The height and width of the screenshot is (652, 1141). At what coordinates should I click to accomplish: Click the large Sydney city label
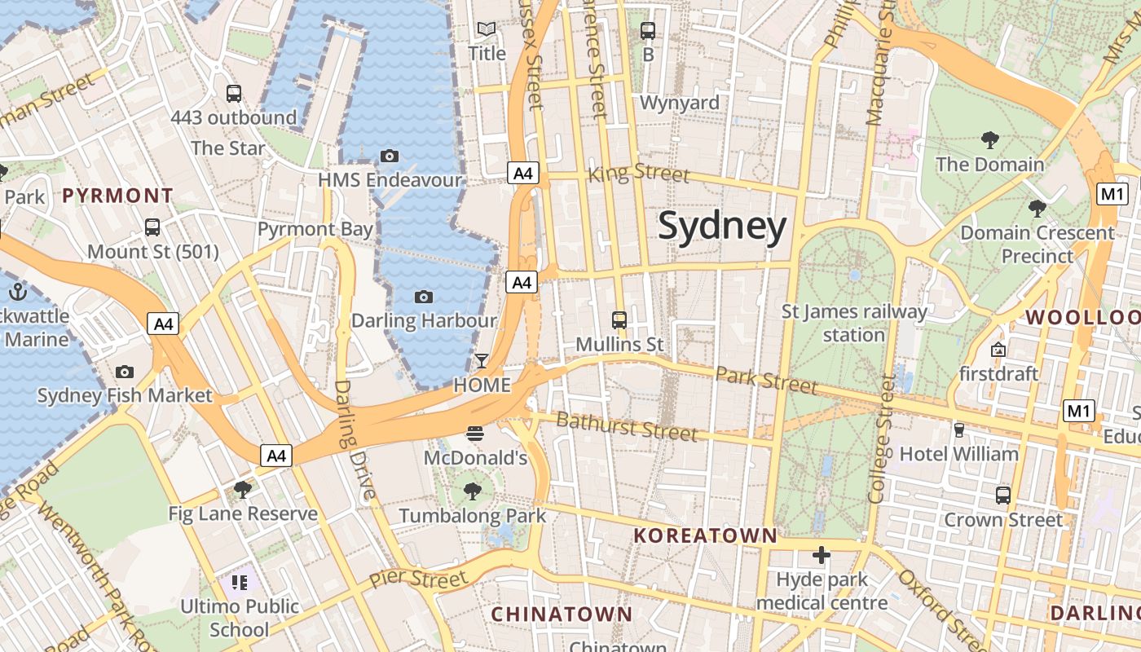[x=722, y=227]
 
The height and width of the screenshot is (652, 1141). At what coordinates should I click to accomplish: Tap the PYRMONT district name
[x=118, y=196]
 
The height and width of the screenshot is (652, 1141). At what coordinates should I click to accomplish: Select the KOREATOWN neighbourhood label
[x=706, y=535]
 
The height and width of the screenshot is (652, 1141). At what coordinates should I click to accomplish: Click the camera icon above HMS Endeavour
[x=390, y=156]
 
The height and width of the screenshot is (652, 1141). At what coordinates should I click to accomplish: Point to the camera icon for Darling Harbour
[x=423, y=297]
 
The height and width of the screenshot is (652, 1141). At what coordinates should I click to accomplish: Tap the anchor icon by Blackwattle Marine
[x=18, y=291]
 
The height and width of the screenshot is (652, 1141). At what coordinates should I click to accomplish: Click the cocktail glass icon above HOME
[x=482, y=360]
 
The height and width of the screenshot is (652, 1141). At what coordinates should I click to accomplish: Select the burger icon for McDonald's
[x=475, y=434]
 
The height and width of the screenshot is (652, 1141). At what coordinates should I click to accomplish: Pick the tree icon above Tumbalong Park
[x=472, y=491]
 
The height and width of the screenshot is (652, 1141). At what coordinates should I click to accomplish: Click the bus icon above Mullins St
[x=619, y=319]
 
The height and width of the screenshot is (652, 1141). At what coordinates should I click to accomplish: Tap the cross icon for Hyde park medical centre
[x=822, y=556]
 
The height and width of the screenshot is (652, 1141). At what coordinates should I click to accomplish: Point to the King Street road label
[x=638, y=173]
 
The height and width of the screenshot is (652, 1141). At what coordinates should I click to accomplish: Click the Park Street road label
[x=766, y=380]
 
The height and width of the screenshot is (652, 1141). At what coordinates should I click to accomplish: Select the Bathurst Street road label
[x=626, y=426]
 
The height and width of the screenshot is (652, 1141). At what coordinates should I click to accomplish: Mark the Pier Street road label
[x=418, y=579]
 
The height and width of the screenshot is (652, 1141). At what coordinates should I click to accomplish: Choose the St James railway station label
[x=854, y=323]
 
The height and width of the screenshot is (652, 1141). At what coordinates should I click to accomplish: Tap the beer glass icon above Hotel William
[x=959, y=430]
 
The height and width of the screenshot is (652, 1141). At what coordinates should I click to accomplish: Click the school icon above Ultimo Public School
[x=239, y=582]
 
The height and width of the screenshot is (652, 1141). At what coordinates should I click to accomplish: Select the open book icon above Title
[x=487, y=29]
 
